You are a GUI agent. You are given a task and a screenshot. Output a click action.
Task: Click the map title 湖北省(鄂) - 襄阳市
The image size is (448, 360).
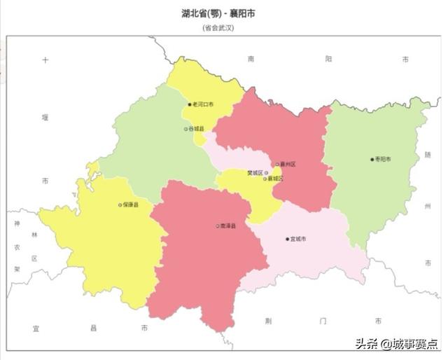217,13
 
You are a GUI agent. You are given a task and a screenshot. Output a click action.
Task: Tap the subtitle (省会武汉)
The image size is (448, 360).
217,27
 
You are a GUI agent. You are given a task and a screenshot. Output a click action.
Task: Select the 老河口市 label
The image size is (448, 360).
203,104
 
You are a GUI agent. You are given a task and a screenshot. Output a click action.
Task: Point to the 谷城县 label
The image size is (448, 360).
196,129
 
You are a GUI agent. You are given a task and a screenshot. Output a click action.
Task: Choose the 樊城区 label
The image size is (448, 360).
255,172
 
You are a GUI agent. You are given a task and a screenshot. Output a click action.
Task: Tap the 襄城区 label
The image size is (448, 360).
276,179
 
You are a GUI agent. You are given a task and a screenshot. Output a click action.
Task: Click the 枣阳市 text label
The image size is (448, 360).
384,159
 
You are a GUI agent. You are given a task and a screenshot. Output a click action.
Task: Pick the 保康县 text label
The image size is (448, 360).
131,205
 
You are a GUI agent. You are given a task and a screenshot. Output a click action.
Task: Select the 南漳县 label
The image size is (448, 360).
228,226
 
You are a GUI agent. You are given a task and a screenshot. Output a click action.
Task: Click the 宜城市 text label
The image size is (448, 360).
298,239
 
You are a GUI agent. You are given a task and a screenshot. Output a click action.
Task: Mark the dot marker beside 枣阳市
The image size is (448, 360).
372,159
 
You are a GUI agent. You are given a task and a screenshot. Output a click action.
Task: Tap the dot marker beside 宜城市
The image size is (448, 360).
287,239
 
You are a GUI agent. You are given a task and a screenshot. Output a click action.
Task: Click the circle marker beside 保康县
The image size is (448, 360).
120,205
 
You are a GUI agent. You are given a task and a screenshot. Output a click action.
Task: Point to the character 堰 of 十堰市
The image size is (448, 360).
45,118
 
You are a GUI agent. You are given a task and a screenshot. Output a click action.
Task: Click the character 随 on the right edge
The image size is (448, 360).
428,155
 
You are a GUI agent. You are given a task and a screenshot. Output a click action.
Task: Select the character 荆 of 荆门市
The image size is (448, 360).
268,321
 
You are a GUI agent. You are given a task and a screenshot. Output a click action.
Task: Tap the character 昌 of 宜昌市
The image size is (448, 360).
94,327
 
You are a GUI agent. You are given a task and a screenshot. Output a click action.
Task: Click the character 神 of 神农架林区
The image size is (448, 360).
16,223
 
